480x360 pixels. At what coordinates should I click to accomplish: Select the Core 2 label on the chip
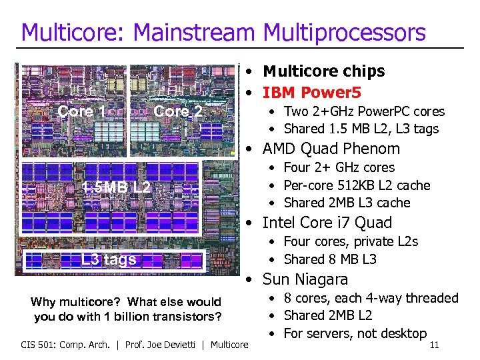[177, 111]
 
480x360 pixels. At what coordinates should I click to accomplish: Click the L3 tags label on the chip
[109, 259]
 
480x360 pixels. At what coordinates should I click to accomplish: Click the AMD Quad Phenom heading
[331, 149]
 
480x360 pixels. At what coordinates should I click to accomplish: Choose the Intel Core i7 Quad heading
[327, 223]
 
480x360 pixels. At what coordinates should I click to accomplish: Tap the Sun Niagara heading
[305, 279]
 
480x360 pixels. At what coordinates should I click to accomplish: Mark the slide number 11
[434, 345]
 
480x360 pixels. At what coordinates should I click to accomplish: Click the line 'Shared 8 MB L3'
[329, 259]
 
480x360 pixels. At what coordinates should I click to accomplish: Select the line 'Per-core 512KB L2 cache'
[357, 185]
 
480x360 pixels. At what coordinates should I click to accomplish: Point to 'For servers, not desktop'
[355, 333]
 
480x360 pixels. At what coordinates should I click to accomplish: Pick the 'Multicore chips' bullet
[323, 71]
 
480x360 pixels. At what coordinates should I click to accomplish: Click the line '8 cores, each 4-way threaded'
[371, 298]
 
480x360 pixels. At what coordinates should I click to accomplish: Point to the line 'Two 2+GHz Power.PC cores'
[363, 111]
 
